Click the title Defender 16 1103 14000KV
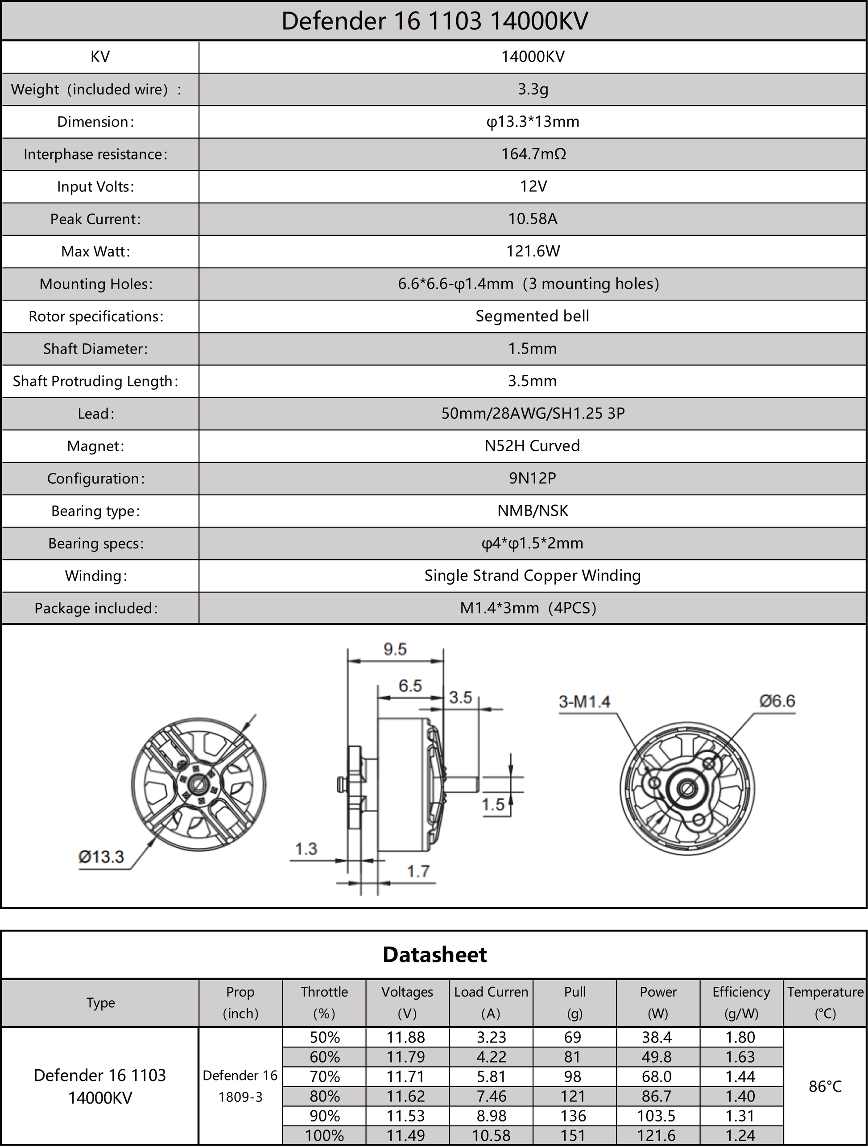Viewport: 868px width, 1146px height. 434,22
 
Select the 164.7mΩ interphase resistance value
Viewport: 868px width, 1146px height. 533,154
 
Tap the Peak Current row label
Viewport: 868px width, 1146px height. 95,219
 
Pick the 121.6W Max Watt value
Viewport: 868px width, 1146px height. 533,251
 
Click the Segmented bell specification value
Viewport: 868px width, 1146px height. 532,316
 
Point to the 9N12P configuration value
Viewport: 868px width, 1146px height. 532,478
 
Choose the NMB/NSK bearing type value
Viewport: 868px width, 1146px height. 532,511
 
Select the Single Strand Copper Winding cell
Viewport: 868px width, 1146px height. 532,576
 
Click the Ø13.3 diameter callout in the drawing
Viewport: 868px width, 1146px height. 101,857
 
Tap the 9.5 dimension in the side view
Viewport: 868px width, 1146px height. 395,649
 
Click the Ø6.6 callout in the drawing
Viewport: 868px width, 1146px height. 777,701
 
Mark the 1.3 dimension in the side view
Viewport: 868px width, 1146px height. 306,849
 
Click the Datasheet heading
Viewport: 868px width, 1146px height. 434,955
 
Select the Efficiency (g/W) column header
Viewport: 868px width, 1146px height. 741,1002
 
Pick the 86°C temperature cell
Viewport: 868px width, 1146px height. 825,1086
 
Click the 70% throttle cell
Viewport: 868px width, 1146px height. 324,1076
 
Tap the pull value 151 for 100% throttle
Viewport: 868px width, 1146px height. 573,1136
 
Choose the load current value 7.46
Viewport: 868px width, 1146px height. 491,1096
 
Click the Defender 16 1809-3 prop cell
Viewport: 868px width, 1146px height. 240,1086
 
